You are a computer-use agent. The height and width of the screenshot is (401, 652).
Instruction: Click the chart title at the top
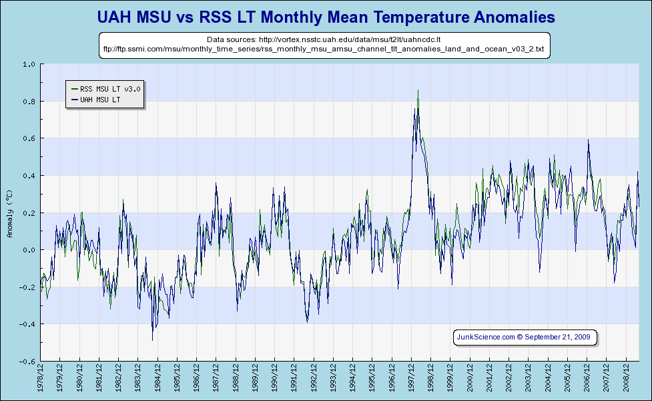click(326, 15)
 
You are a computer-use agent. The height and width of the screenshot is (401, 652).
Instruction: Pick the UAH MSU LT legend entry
click(99, 99)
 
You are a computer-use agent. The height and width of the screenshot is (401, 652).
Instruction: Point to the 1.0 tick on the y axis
click(29, 65)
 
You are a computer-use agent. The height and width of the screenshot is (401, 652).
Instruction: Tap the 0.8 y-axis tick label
click(29, 102)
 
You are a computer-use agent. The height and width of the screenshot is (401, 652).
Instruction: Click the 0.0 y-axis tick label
click(29, 250)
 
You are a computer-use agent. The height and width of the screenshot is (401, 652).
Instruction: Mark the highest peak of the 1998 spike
click(418, 90)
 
